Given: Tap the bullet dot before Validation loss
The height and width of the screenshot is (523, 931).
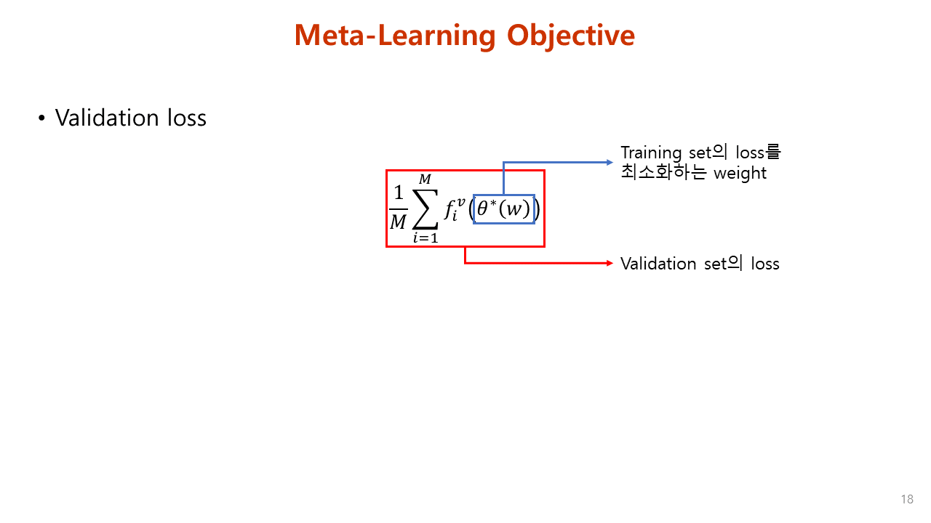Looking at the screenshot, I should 42,118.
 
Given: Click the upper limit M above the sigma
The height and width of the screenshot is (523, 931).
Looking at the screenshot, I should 425,179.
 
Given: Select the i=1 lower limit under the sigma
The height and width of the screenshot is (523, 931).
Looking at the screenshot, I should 425,238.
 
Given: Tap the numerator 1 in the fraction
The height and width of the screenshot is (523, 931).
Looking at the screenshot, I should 398,193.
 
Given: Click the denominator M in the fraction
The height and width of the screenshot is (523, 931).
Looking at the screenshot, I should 398,222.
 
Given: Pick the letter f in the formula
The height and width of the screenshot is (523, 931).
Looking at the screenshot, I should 449,210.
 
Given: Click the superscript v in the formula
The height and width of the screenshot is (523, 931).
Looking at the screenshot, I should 460,201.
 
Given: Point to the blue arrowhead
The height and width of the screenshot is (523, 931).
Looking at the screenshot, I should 611,162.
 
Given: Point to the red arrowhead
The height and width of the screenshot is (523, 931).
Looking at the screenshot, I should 611,263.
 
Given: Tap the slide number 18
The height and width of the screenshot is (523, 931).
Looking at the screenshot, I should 906,499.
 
